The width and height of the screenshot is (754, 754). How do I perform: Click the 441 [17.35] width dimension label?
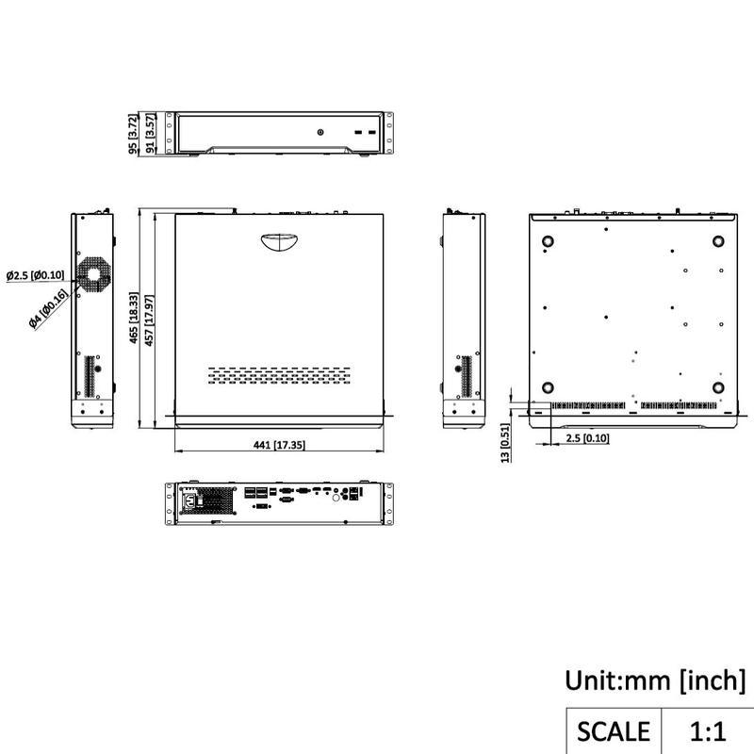click(x=279, y=445)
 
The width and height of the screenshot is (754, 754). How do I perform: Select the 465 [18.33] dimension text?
click(x=134, y=318)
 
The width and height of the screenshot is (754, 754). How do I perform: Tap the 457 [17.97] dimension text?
click(x=149, y=320)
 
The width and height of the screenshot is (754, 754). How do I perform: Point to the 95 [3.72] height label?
click(x=133, y=134)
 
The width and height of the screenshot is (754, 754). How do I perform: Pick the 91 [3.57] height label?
click(x=150, y=134)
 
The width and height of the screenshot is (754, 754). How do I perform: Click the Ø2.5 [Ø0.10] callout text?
click(x=35, y=275)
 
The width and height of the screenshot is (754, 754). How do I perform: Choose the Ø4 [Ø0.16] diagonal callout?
click(x=48, y=309)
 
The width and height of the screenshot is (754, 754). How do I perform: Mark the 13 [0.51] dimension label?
click(x=504, y=443)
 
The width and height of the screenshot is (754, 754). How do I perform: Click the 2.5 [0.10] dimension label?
click(x=587, y=438)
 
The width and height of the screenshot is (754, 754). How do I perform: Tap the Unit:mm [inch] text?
click(x=655, y=680)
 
